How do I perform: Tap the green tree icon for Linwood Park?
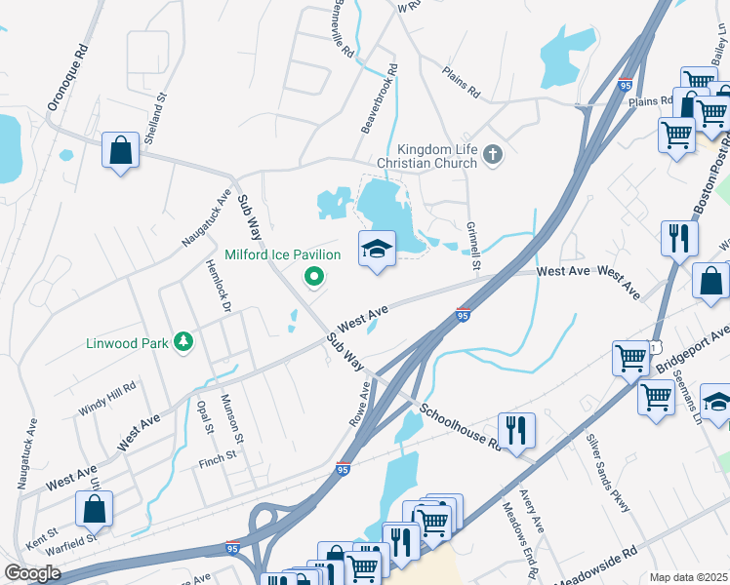[x=182, y=341]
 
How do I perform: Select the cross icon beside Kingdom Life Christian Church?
[x=494, y=153]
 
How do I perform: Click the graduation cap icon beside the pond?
[x=377, y=250]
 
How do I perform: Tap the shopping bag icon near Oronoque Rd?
[x=120, y=151]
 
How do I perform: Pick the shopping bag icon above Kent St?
[x=94, y=508]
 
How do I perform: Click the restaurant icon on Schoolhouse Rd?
[x=513, y=429]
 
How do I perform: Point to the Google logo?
[x=32, y=573]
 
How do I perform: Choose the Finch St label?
[x=218, y=455]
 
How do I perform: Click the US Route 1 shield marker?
[x=659, y=347]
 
